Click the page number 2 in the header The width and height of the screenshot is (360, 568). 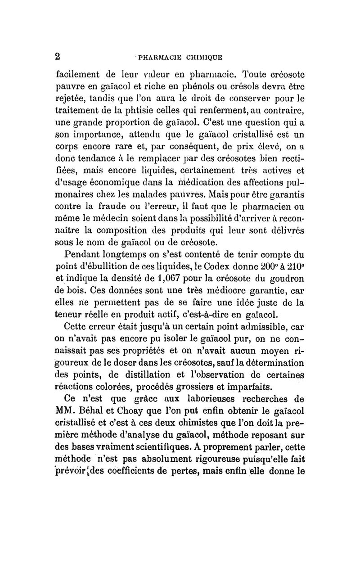(x=58, y=56)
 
